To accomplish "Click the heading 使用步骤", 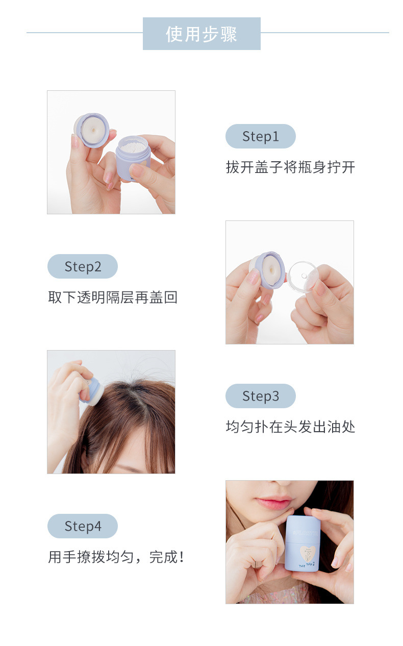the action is pyautogui.click(x=202, y=34).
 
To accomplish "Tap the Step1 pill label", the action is pyautogui.click(x=260, y=136).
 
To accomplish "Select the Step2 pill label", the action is pyautogui.click(x=83, y=266).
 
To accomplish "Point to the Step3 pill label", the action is pyautogui.click(x=260, y=396).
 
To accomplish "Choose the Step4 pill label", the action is pyautogui.click(x=83, y=526).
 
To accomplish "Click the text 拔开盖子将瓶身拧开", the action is pyautogui.click(x=290, y=167).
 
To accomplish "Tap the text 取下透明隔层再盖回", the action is pyautogui.click(x=112, y=297).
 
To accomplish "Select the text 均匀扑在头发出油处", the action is pyautogui.click(x=290, y=427).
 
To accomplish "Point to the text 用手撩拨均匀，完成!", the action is pyautogui.click(x=116, y=557).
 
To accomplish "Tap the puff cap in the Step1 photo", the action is pyautogui.click(x=91, y=130).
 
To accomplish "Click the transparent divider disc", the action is pyautogui.click(x=303, y=276).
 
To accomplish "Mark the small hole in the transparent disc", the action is pyautogui.click(x=304, y=276).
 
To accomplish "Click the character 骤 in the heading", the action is pyautogui.click(x=229, y=34).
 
